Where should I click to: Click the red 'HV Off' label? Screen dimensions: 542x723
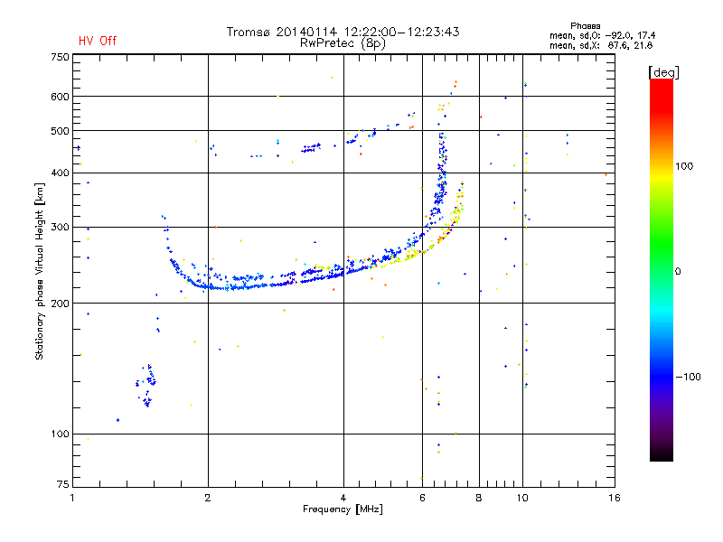click(98, 41)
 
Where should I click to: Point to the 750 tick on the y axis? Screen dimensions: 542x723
click(61, 57)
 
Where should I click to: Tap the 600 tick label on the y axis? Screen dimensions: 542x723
click(61, 97)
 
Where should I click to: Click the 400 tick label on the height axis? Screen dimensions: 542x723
click(61, 173)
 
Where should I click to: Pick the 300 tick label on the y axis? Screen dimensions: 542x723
click(61, 227)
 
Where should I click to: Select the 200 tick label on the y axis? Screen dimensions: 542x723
click(61, 304)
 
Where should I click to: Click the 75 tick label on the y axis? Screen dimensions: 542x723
click(62, 486)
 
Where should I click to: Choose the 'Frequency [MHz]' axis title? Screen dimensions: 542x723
click(343, 509)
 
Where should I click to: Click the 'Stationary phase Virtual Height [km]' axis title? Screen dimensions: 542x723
click(40, 271)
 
